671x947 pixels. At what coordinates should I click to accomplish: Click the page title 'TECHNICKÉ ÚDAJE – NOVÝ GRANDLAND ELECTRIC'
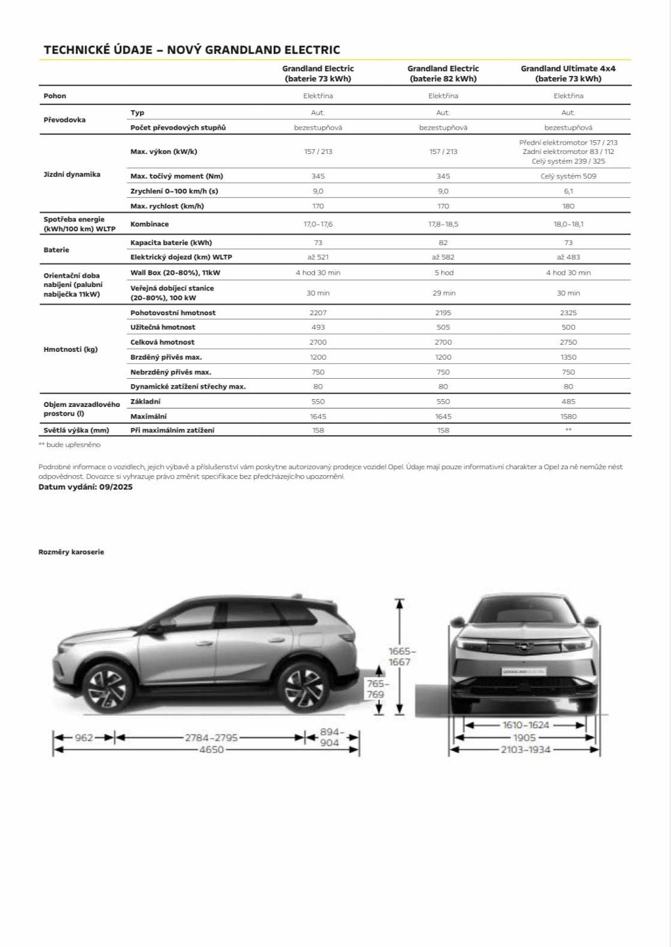tap(191, 50)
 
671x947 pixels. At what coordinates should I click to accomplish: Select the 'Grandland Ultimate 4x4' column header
tap(568, 73)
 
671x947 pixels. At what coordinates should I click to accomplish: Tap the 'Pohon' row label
tap(55, 96)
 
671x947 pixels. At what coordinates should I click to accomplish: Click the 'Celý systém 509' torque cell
tap(568, 176)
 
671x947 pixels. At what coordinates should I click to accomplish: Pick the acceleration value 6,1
tap(568, 191)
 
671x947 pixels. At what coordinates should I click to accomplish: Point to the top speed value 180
tap(568, 206)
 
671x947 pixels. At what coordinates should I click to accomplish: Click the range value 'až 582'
tap(443, 258)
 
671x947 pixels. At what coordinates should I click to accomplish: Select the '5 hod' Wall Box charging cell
tap(443, 273)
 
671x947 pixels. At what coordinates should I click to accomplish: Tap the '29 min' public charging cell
tap(443, 293)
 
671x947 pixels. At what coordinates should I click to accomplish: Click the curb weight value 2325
tap(568, 313)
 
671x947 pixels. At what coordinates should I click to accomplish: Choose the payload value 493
tap(318, 328)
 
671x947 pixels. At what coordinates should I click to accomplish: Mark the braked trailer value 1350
tap(568, 357)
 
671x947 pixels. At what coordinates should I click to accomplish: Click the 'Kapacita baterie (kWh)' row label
tap(171, 242)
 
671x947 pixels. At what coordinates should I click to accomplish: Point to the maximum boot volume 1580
tap(568, 417)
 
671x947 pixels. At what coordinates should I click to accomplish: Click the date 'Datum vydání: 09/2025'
tap(85, 488)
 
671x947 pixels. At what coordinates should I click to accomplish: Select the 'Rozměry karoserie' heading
tap(71, 552)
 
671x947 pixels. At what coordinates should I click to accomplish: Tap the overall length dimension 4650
tap(212, 750)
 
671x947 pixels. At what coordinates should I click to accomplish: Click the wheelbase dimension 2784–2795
tap(211, 738)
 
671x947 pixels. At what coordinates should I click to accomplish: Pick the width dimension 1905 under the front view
tap(524, 737)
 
